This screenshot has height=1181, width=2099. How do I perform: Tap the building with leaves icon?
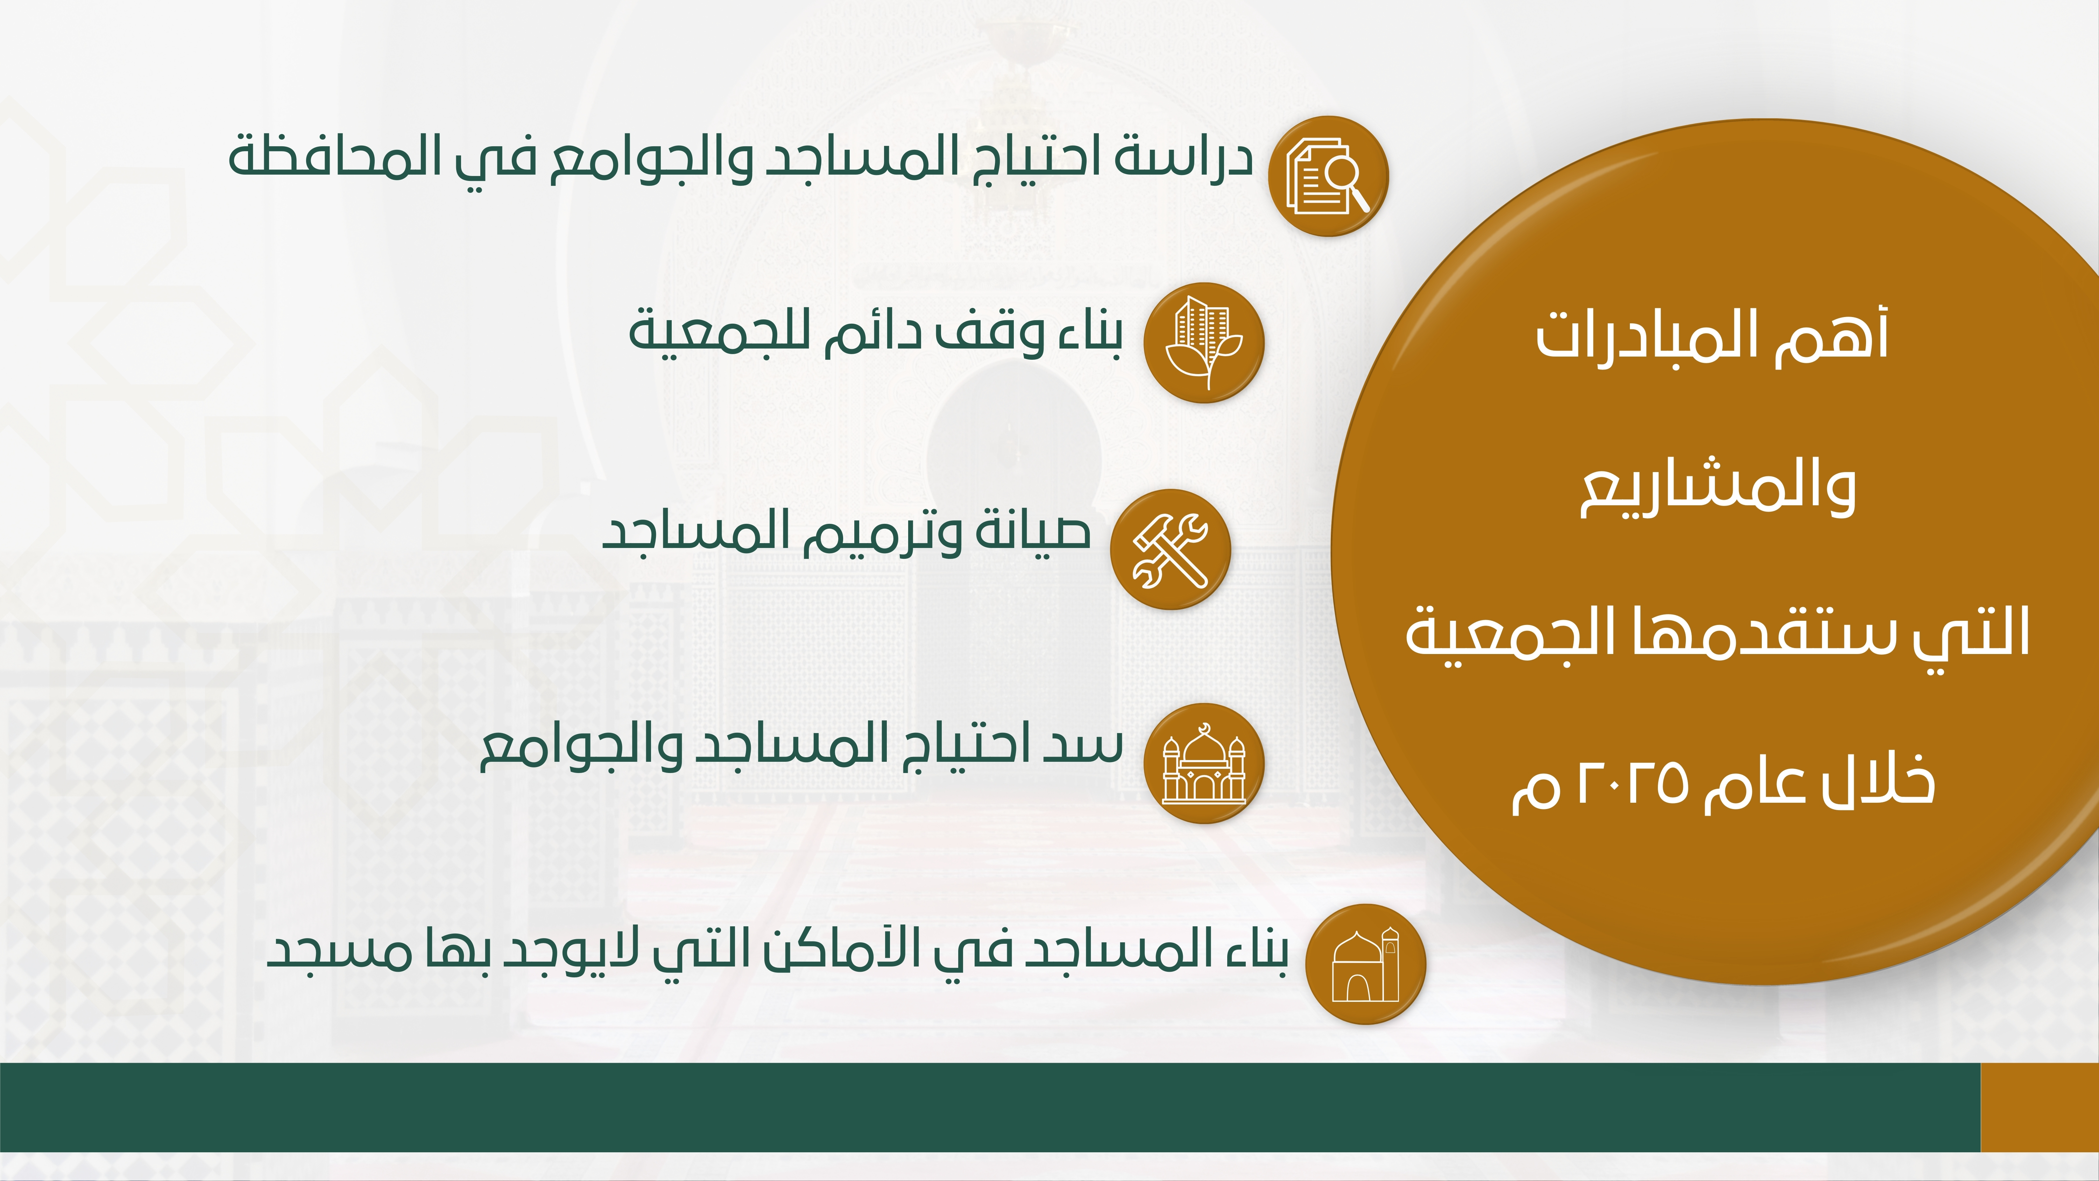coord(1204,342)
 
